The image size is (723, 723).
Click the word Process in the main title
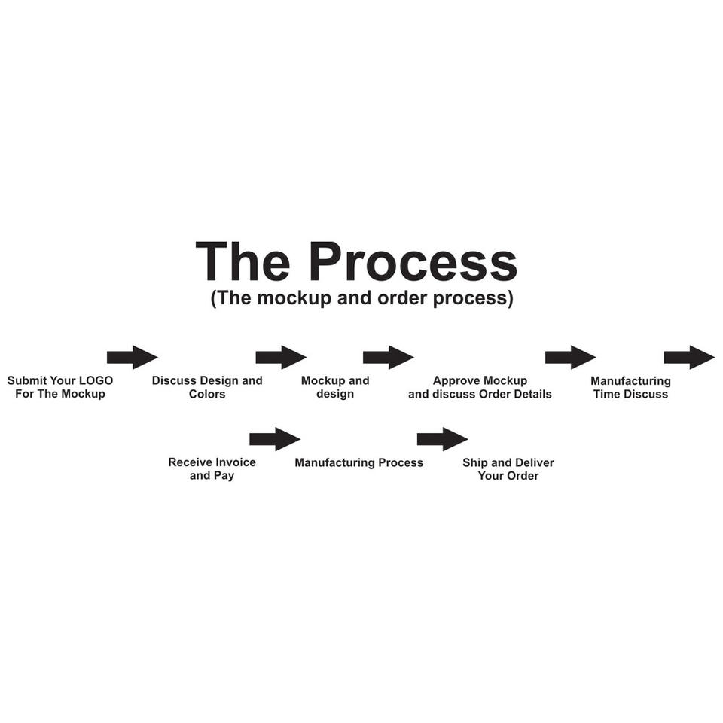pyautogui.click(x=413, y=262)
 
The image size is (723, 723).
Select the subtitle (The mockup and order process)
pyautogui.click(x=361, y=298)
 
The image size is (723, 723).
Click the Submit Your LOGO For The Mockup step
pyautogui.click(x=60, y=387)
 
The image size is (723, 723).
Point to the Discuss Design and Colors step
pyautogui.click(x=207, y=387)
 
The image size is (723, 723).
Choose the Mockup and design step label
pyautogui.click(x=335, y=387)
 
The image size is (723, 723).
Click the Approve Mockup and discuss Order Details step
pyautogui.click(x=480, y=387)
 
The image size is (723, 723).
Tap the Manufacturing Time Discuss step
pyautogui.click(x=630, y=387)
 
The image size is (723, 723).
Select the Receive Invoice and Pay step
pyautogui.click(x=212, y=469)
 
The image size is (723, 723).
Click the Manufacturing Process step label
pyautogui.click(x=358, y=462)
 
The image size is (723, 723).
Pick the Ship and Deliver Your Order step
pyautogui.click(x=508, y=469)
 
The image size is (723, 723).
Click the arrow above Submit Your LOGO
pyautogui.click(x=132, y=357)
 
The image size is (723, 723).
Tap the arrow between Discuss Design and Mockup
pyautogui.click(x=281, y=357)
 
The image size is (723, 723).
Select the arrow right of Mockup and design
pyautogui.click(x=388, y=357)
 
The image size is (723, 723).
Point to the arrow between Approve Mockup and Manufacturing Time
pyautogui.click(x=570, y=357)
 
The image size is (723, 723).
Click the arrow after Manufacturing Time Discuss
pyautogui.click(x=688, y=357)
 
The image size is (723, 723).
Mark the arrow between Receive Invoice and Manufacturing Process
pyautogui.click(x=274, y=439)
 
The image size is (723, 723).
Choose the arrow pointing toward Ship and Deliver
pyautogui.click(x=442, y=439)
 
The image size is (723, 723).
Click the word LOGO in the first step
pyautogui.click(x=96, y=380)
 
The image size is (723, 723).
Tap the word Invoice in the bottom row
pyautogui.click(x=235, y=462)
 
